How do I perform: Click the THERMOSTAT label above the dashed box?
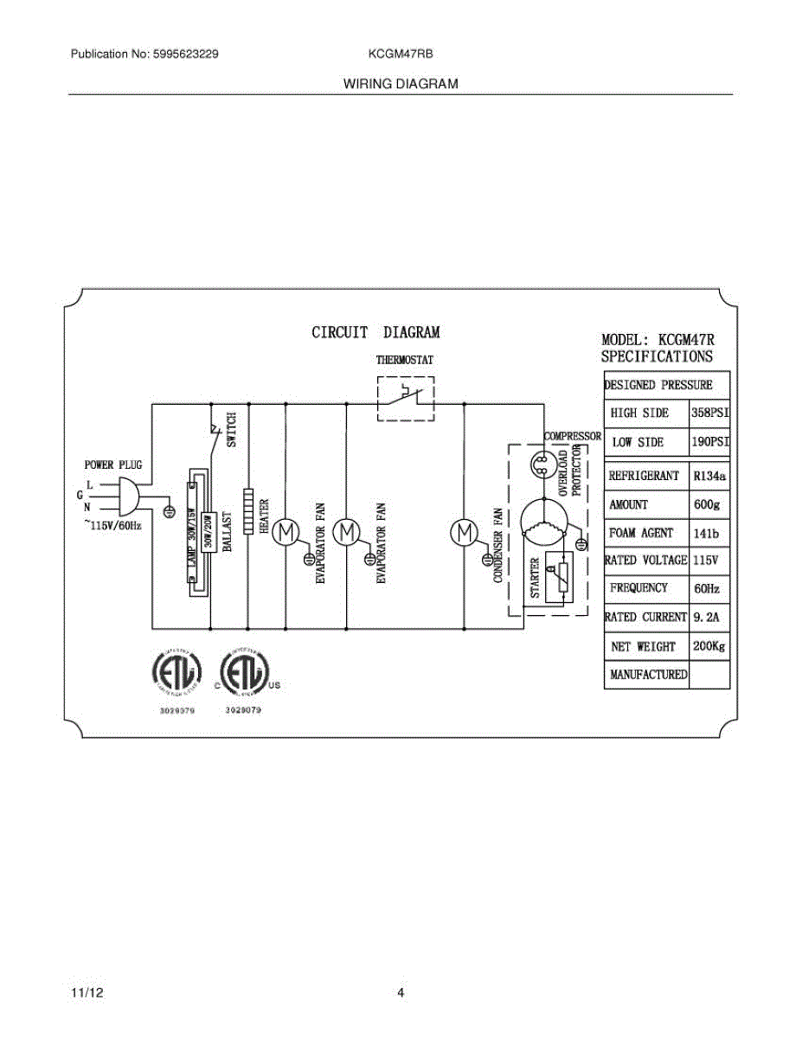pos(404,360)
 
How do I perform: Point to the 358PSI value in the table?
pos(709,413)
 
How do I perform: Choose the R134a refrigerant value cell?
pos(709,476)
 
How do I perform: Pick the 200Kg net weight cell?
pos(709,646)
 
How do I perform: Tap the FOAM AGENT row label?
pos(640,533)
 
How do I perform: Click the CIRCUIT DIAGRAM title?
pos(375,332)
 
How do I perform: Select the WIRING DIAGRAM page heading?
pos(401,84)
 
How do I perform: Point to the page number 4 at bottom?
pos(401,993)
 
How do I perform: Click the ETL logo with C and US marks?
pos(246,671)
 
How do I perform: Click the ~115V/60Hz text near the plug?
pos(112,525)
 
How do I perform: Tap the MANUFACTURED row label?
pos(648,675)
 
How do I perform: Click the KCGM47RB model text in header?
pos(401,54)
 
